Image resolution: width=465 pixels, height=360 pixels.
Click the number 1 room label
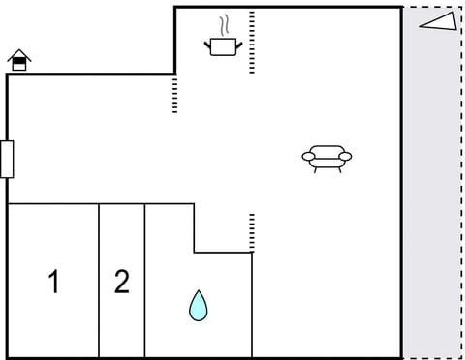click(54, 282)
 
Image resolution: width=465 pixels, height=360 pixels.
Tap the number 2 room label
click(121, 282)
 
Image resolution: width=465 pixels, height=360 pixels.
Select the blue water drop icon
click(199, 306)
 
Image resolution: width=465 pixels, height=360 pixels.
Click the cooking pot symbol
click(223, 45)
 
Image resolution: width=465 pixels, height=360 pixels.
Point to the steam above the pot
click(225, 24)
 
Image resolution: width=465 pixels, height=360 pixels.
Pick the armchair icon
click(326, 157)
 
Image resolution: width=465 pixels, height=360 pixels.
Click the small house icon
click(19, 61)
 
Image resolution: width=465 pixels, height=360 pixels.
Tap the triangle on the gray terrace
click(439, 23)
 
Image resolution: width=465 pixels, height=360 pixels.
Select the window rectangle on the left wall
click(8, 159)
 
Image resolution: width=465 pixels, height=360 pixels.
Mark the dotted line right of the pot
click(252, 43)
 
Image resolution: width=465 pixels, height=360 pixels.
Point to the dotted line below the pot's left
click(175, 94)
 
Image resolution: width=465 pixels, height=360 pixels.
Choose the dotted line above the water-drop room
click(252, 232)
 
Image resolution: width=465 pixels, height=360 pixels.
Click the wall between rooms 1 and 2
click(99, 281)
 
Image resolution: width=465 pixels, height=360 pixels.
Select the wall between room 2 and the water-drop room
click(145, 281)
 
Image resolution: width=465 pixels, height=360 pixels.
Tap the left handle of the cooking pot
click(208, 41)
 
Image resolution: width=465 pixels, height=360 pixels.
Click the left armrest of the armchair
click(308, 156)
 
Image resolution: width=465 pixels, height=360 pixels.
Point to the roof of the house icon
click(19, 55)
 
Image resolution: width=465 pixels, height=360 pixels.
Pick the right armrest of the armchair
click(345, 156)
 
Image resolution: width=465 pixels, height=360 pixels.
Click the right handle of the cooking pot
click(237, 41)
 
